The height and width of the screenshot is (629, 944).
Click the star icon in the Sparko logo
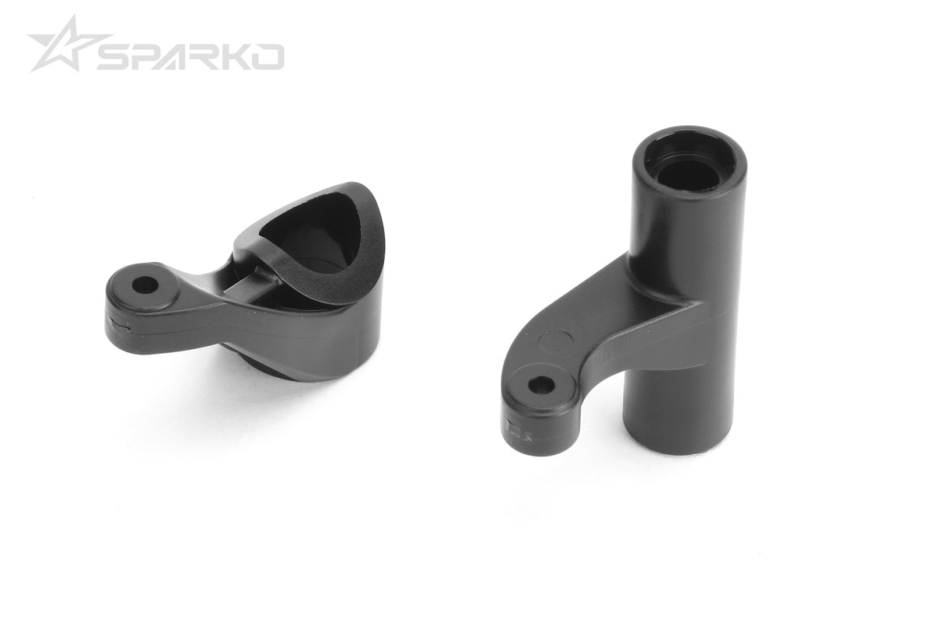(65, 45)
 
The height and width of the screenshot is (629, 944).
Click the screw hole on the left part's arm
(144, 285)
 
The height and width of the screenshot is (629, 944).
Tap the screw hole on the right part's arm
(541, 384)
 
